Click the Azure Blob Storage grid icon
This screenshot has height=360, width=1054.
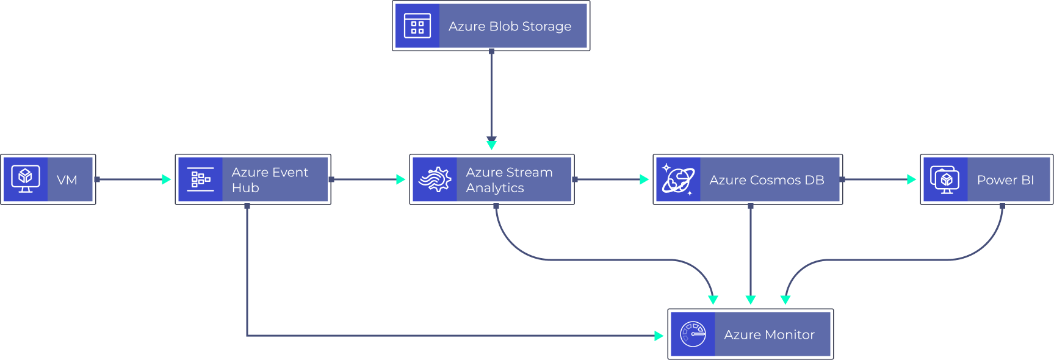pyautogui.click(x=417, y=26)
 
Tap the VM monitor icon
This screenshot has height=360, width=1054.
pyautogui.click(x=26, y=179)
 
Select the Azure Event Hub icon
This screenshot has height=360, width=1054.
pyautogui.click(x=201, y=179)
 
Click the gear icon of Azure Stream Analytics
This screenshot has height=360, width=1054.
pyautogui.click(x=435, y=179)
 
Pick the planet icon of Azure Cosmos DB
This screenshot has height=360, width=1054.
pyautogui.click(x=678, y=179)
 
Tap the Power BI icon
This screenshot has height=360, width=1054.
pyautogui.click(x=945, y=179)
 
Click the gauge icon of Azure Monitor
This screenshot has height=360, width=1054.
pyautogui.click(x=693, y=334)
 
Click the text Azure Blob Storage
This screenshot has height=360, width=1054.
pyautogui.click(x=510, y=26)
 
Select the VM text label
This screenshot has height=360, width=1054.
pyautogui.click(x=67, y=180)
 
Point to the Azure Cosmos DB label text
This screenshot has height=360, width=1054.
pyautogui.click(x=767, y=180)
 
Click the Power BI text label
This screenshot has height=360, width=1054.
pyautogui.click(x=1005, y=180)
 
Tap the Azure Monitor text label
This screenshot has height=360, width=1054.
pyautogui.click(x=769, y=334)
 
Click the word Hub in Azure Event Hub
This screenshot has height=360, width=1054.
pyautogui.click(x=245, y=188)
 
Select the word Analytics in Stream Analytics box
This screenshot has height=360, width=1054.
pyautogui.click(x=494, y=188)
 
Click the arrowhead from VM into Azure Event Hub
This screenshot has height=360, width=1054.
pyautogui.click(x=166, y=179)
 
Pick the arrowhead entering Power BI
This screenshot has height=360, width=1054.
pyautogui.click(x=911, y=179)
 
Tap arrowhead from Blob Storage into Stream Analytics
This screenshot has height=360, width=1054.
pyautogui.click(x=491, y=144)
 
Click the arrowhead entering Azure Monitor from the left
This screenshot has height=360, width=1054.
pyautogui.click(x=659, y=336)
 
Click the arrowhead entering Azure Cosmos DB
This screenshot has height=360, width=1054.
pyautogui.click(x=644, y=179)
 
